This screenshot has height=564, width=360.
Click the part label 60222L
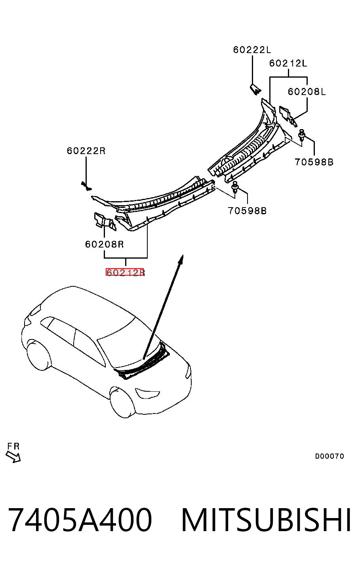pyautogui.click(x=252, y=50)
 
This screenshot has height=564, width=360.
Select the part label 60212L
pyautogui.click(x=288, y=63)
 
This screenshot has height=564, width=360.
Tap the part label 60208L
pyautogui.click(x=307, y=91)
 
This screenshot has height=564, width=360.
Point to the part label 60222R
pyautogui.click(x=86, y=151)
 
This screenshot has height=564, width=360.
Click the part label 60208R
pyautogui.click(x=104, y=244)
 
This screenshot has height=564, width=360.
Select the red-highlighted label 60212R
pyautogui.click(x=125, y=272)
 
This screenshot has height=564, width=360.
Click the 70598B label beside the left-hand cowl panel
pyautogui.click(x=314, y=162)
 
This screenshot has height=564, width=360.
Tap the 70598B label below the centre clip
pyautogui.click(x=247, y=210)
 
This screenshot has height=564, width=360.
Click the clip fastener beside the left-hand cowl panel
pyautogui.click(x=302, y=135)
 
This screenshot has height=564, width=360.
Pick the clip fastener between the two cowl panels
pyautogui.click(x=235, y=187)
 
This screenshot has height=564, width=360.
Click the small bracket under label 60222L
pyautogui.click(x=255, y=89)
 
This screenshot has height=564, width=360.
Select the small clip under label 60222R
pyautogui.click(x=86, y=186)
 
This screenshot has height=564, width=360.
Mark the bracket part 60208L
pyautogui.click(x=288, y=115)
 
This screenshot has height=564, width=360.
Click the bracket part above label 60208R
pyautogui.click(x=105, y=221)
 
